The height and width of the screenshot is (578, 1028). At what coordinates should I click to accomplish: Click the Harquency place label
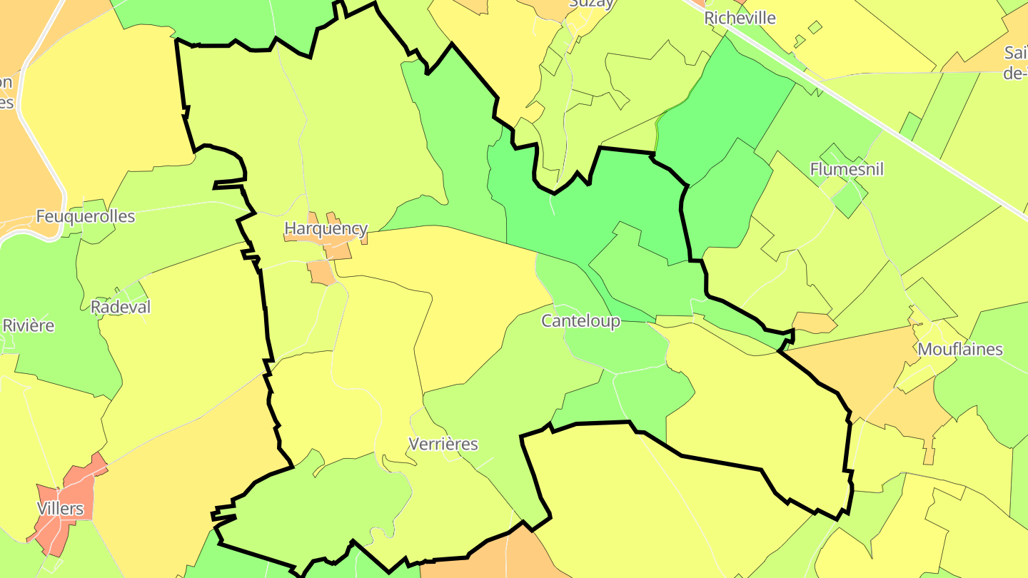pos(326,229)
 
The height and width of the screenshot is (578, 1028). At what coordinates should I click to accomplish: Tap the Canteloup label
pos(580,321)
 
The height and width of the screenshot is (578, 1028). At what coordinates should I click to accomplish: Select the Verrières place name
pos(443,445)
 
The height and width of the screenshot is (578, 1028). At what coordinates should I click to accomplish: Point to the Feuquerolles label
pos(85,216)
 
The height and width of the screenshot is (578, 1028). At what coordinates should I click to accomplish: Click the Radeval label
pos(121,307)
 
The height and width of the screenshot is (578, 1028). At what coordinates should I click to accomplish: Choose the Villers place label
pos(60,509)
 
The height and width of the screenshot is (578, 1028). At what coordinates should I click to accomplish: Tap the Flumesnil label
pos(847,170)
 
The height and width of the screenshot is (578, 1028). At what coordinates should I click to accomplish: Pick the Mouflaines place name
pos(960,350)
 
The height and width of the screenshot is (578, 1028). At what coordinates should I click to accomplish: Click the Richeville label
pos(740,19)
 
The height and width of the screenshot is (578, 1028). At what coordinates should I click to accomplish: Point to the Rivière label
pos(29,325)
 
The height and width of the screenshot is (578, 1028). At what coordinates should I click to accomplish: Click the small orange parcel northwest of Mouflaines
pos(814,323)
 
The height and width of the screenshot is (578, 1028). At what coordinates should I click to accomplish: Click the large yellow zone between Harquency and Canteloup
pos(471,285)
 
